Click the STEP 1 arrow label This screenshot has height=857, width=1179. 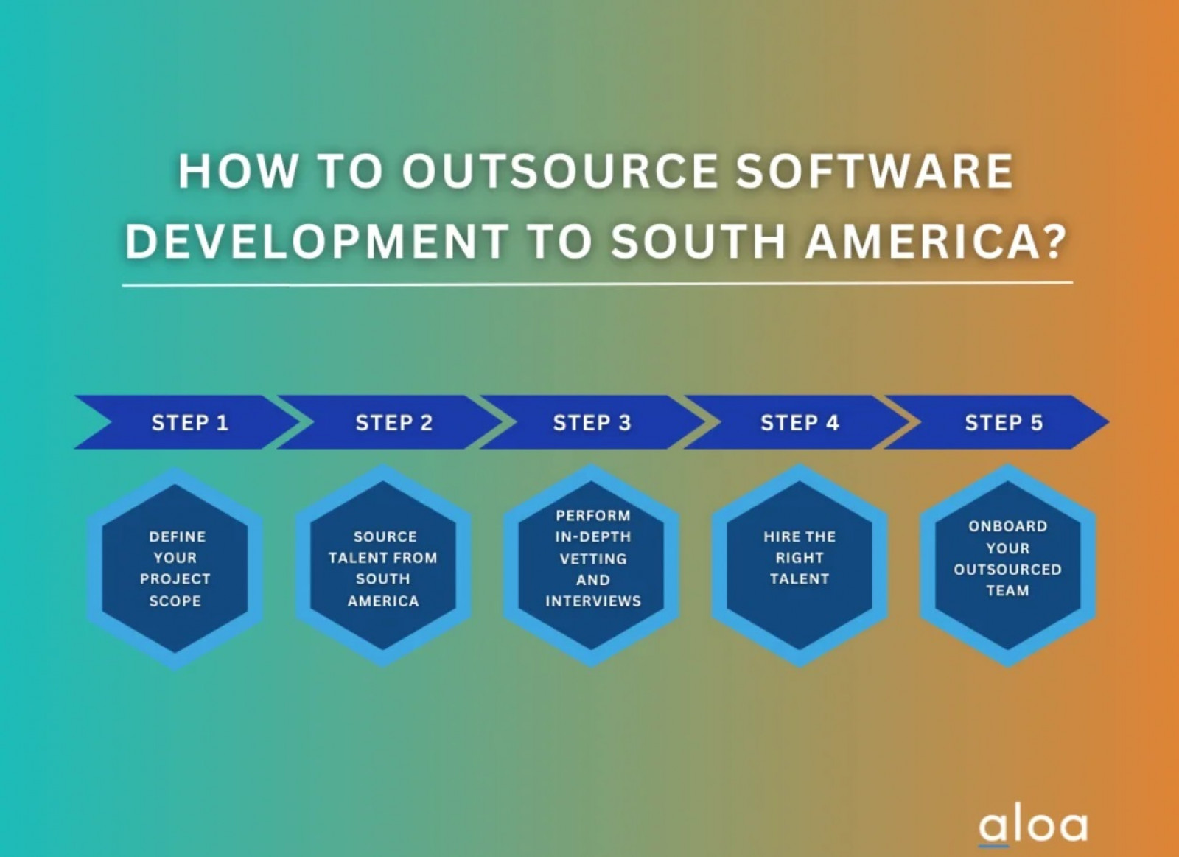pyautogui.click(x=190, y=423)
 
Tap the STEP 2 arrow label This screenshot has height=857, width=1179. pyautogui.click(x=394, y=423)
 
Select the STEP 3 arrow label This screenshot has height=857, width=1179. pyautogui.click(x=592, y=423)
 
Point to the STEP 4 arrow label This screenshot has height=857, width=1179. pyautogui.click(x=800, y=423)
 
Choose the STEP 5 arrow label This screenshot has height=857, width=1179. pyautogui.click(x=1004, y=423)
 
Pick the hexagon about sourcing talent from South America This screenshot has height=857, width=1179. pyautogui.click(x=383, y=566)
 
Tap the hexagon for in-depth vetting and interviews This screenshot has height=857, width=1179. pyautogui.click(x=591, y=566)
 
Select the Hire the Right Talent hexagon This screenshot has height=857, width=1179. pyautogui.click(x=800, y=566)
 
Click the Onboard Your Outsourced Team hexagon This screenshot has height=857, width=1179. pyautogui.click(x=1008, y=566)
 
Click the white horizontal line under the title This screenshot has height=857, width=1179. pyautogui.click(x=598, y=284)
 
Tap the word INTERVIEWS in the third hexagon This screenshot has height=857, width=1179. pyautogui.click(x=593, y=601)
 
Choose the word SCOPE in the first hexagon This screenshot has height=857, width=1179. pyautogui.click(x=175, y=601)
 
